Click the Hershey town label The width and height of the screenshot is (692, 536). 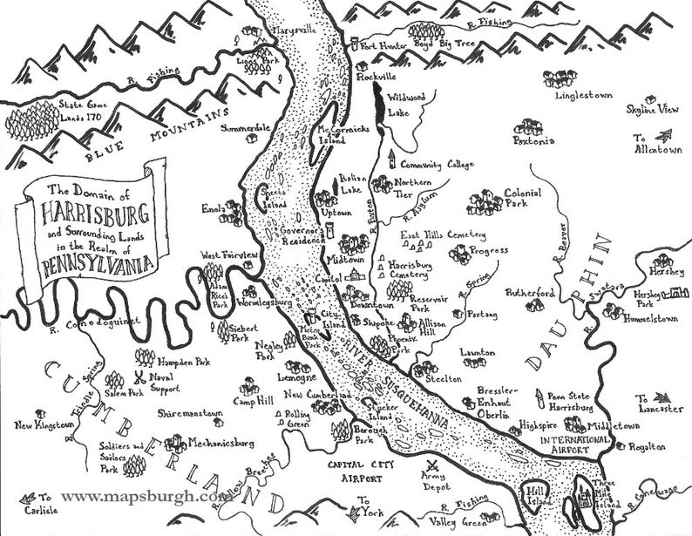coord(668,272)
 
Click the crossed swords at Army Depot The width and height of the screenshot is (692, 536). coord(434,465)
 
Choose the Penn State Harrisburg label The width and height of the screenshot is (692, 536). coord(572,402)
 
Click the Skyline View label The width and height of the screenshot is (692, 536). coord(652,109)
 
